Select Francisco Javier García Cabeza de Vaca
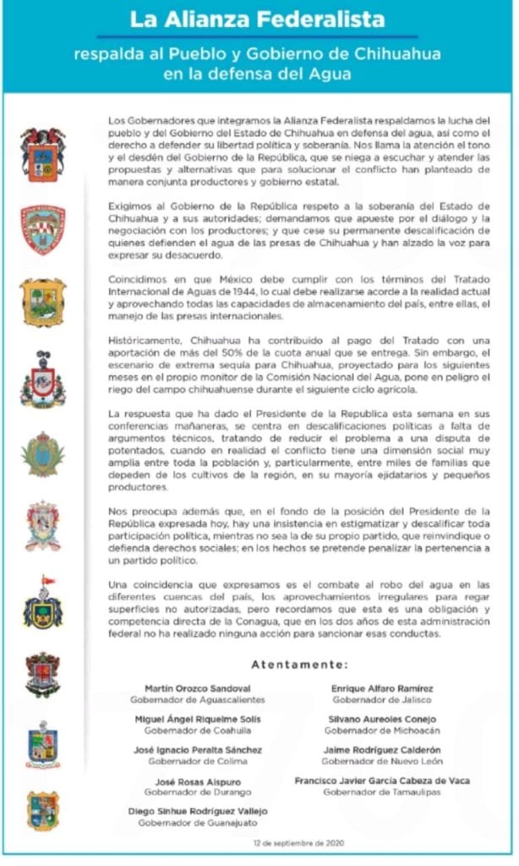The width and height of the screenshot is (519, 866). point(382,781)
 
